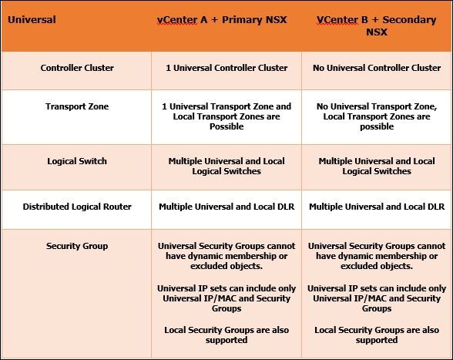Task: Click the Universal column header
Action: [x=32, y=20]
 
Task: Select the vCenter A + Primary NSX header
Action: [x=222, y=20]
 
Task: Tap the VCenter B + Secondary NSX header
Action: [x=377, y=25]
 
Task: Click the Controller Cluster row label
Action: [x=77, y=68]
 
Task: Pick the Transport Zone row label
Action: [x=77, y=106]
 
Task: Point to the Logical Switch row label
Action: [x=77, y=161]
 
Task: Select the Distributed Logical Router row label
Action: [x=77, y=207]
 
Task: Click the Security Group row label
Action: [x=77, y=246]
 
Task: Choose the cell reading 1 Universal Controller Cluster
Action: [x=226, y=68]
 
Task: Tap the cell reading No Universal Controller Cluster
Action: [x=377, y=68]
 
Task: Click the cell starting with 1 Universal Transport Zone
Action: [x=226, y=116]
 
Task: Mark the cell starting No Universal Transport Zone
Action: [x=377, y=116]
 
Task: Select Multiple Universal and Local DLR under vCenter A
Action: [x=226, y=207]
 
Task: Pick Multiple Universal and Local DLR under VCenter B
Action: [x=377, y=207]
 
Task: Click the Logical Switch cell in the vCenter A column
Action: [x=226, y=166]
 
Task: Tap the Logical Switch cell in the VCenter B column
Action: [x=377, y=166]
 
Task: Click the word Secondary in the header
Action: [x=409, y=20]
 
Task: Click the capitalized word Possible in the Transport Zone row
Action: [x=226, y=126]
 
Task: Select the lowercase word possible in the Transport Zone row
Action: [x=377, y=126]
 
